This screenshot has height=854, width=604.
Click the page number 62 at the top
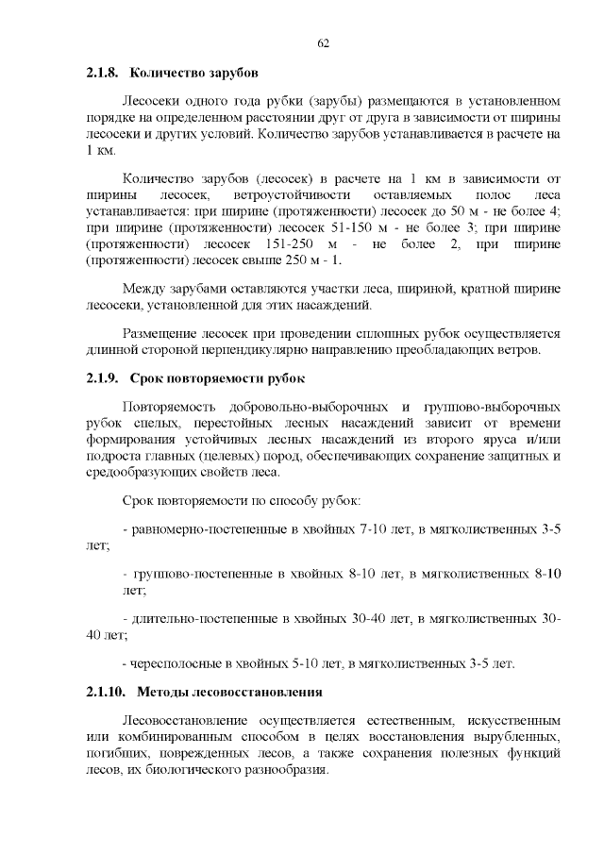pyautogui.click(x=322, y=43)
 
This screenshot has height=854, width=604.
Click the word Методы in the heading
pyautogui.click(x=163, y=693)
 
